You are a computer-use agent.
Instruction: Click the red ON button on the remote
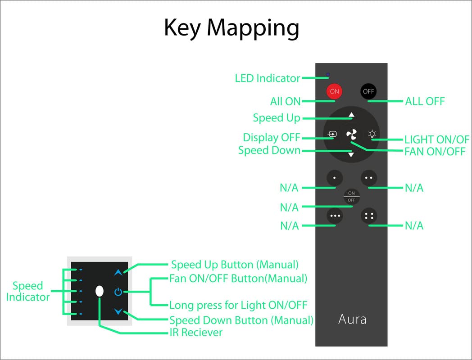334,91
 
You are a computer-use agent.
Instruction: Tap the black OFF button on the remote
368,91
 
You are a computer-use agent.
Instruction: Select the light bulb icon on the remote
372,134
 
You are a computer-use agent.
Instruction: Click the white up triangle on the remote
351,115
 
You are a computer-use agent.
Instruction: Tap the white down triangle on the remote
351,155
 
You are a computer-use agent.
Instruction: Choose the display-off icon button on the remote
332,134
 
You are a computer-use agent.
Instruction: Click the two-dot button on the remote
369,177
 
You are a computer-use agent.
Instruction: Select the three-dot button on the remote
335,216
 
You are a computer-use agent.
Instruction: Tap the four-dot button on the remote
369,216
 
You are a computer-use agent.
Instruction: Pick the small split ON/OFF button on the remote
351,197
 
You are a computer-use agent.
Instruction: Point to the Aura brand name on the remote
352,319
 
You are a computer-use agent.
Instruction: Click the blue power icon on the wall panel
118,292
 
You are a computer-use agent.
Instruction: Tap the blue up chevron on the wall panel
118,272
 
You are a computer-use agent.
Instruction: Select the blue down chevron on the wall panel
118,311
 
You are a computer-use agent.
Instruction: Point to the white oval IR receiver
100,291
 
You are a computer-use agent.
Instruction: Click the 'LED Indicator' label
267,78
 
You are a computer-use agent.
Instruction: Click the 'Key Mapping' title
231,28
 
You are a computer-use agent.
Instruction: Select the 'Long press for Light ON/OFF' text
238,306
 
